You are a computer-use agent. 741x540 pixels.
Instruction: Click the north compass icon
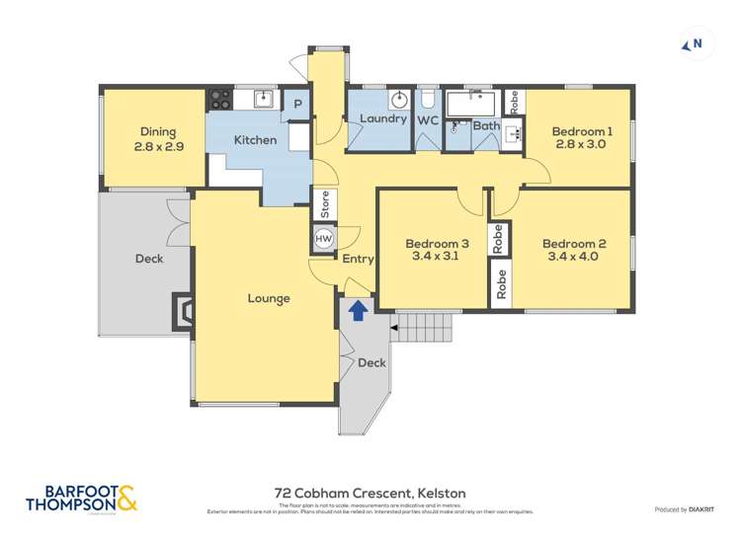[693, 43]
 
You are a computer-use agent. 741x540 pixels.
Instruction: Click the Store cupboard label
[324, 205]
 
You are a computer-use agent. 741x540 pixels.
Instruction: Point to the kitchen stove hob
[219, 99]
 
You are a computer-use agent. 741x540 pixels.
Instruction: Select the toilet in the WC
[427, 100]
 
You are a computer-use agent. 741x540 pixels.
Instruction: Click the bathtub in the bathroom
[473, 104]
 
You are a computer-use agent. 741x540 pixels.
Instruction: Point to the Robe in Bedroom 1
[513, 102]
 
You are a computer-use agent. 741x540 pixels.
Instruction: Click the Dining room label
[157, 132]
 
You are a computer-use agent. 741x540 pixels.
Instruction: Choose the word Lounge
[269, 298]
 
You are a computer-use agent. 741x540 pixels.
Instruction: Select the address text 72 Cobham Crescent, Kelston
[370, 493]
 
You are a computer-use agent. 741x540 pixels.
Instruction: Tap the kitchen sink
[262, 98]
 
